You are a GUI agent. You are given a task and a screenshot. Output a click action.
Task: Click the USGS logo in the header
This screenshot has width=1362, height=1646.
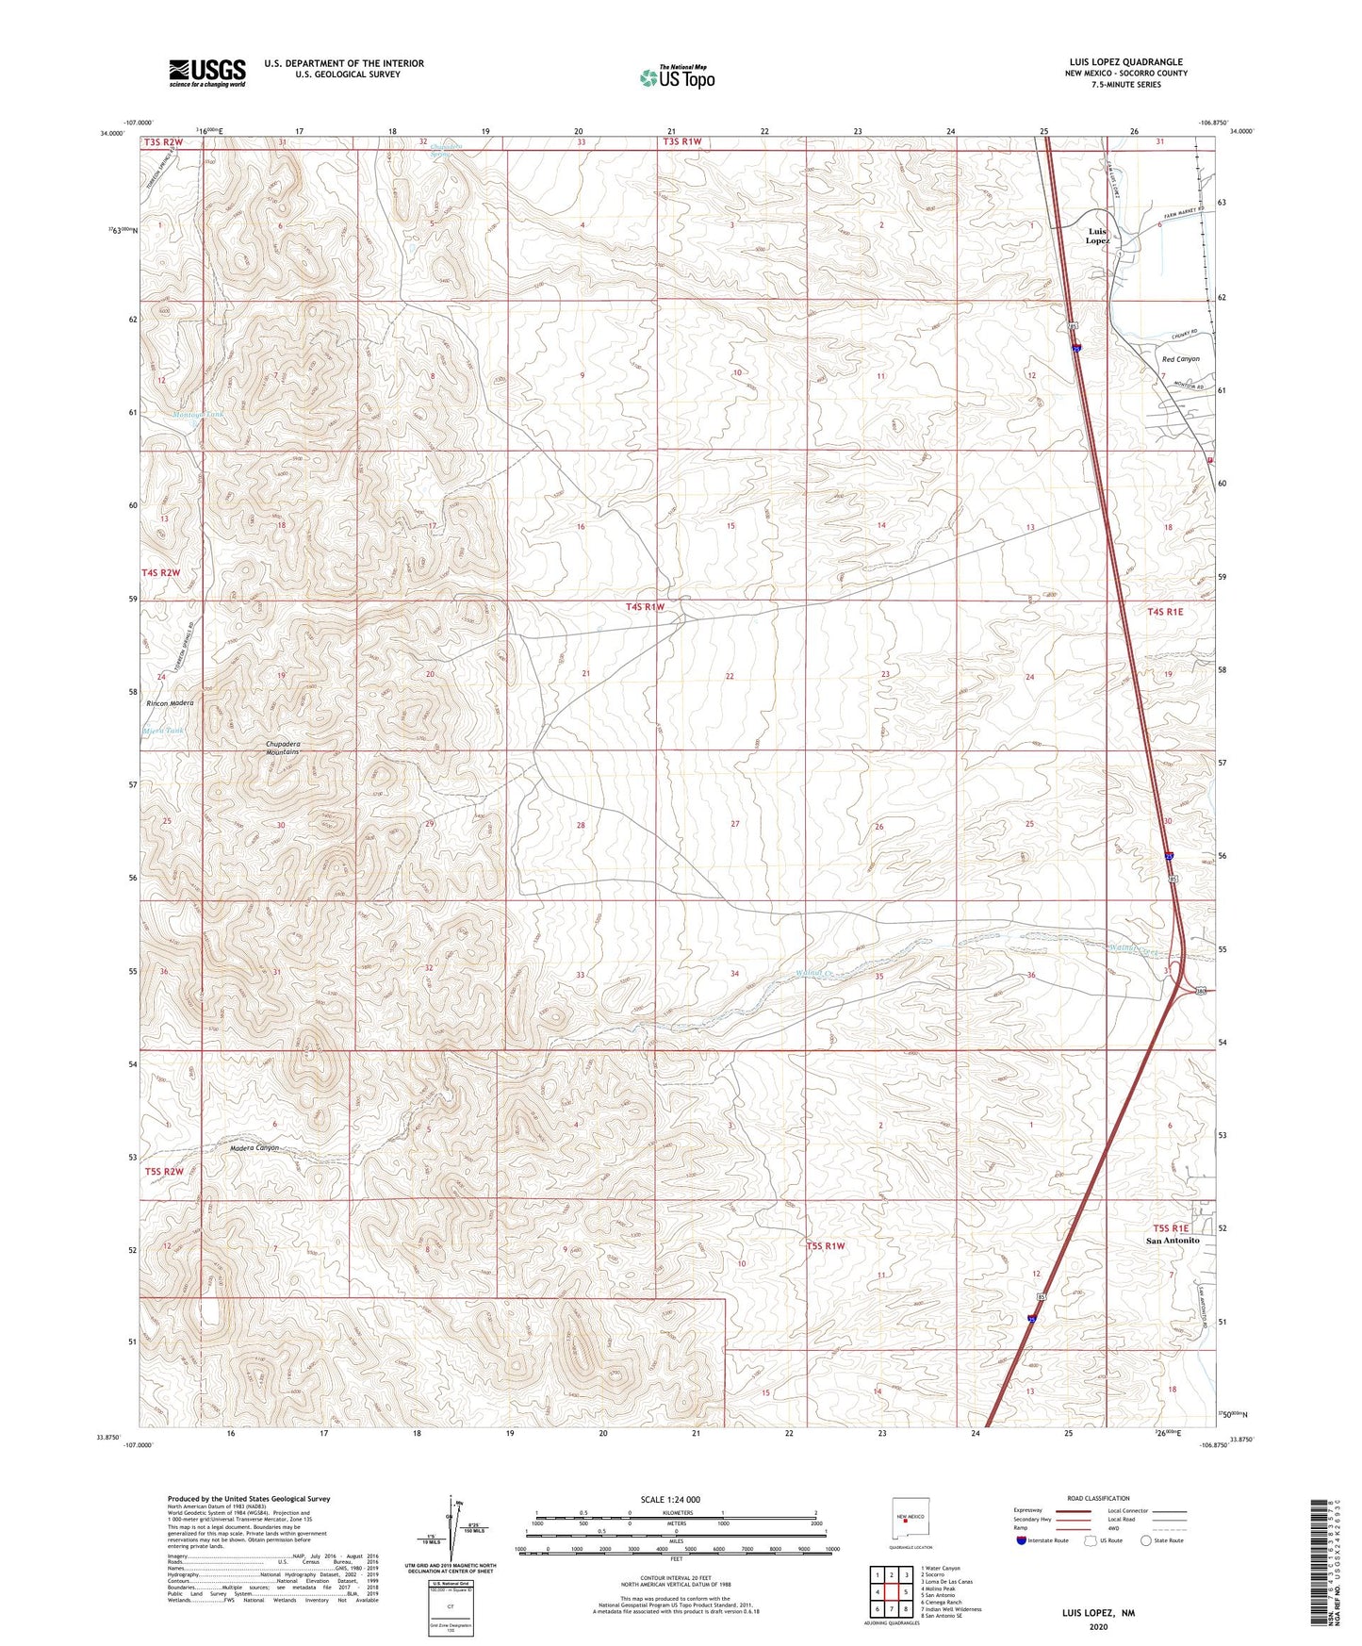(207, 73)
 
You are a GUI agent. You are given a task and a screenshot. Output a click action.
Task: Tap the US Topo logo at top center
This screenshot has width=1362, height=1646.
(677, 77)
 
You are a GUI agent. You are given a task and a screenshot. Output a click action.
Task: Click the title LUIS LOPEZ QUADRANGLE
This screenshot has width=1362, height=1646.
(1124, 62)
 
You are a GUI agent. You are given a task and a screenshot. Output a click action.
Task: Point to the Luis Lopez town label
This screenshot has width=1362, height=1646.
(1097, 236)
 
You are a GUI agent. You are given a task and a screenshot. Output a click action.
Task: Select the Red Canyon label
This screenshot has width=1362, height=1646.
(1180, 359)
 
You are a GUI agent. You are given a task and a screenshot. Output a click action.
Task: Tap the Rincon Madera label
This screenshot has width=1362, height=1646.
(170, 703)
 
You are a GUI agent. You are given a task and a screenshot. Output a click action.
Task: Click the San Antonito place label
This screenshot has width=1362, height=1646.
(1172, 1241)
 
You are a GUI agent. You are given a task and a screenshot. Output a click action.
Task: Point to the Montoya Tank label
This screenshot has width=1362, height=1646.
(198, 415)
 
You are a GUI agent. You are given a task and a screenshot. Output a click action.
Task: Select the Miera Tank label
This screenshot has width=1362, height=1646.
(163, 731)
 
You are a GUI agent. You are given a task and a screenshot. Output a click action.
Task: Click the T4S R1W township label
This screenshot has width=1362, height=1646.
(646, 607)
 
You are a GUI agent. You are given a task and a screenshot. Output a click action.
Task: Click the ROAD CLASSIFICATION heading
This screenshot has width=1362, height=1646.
(1098, 1498)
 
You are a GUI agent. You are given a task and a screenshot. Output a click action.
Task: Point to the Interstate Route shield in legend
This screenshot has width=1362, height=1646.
(1022, 1540)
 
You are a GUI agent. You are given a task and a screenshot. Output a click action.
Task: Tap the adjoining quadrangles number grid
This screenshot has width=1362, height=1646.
(891, 1592)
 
